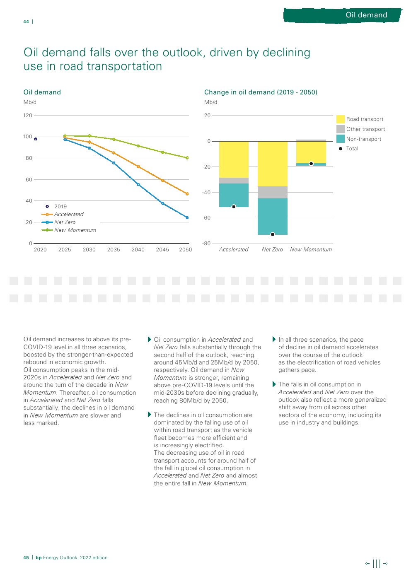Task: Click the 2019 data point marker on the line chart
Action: [x=36, y=139]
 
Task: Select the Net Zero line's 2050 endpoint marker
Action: [x=187, y=217]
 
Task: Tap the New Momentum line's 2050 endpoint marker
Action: [x=187, y=158]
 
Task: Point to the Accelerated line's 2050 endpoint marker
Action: [x=187, y=194]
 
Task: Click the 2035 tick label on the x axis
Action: [x=114, y=250]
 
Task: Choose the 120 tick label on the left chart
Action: [x=28, y=116]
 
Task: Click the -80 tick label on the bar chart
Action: [x=206, y=244]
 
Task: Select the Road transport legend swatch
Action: [x=341, y=119]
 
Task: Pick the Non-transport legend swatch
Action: [x=341, y=139]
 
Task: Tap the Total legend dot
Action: [x=341, y=149]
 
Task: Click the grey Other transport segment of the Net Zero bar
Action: [x=272, y=192]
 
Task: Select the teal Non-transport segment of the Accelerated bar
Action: [x=234, y=195]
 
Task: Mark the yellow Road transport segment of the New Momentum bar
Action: [x=311, y=152]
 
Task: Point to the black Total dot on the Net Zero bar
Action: [x=272, y=234]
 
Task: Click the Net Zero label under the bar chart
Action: [x=272, y=250]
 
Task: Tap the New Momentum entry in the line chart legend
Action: [x=75, y=230]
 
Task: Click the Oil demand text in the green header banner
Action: [x=366, y=15]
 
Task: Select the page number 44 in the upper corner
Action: [x=26, y=22]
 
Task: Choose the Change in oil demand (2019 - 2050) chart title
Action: [x=261, y=92]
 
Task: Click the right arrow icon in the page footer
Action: [x=386, y=563]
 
